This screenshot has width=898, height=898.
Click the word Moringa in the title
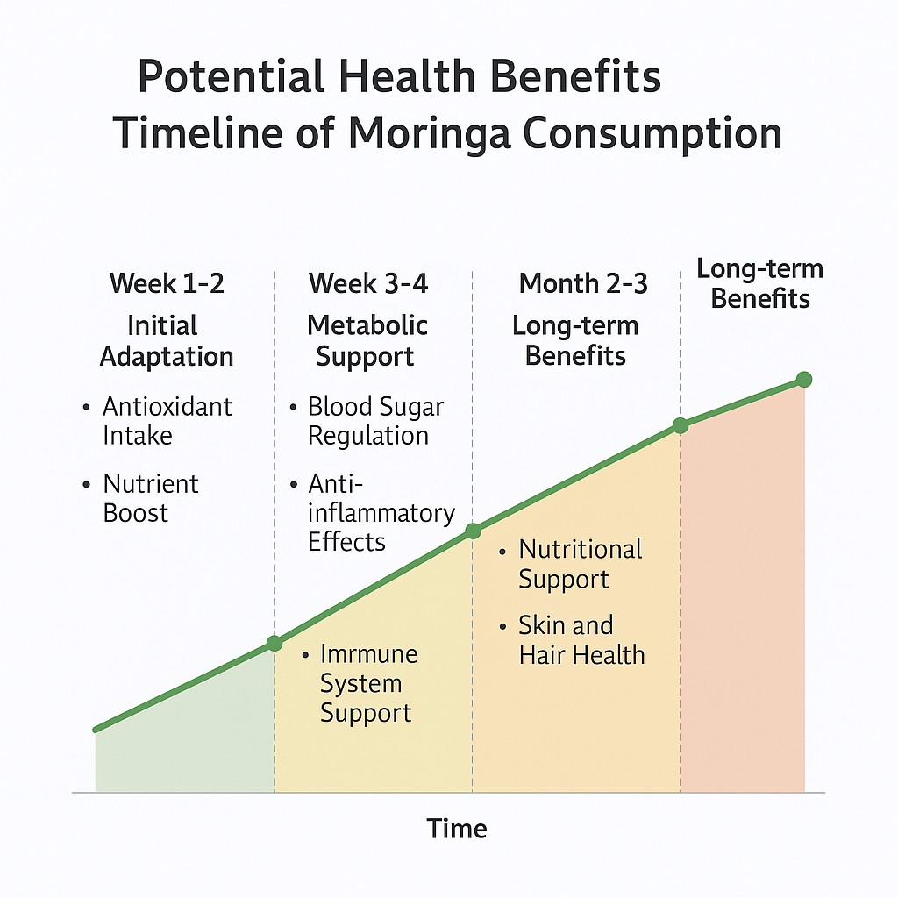pyautogui.click(x=429, y=134)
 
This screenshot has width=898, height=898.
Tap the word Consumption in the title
pyautogui.click(x=652, y=133)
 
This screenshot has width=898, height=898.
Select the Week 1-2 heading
pyautogui.click(x=167, y=283)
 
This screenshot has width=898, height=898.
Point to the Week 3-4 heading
pyautogui.click(x=368, y=283)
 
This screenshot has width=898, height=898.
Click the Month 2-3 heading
pyautogui.click(x=583, y=283)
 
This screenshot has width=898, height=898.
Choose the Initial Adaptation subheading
pyautogui.click(x=166, y=341)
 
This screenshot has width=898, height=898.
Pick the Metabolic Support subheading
pyautogui.click(x=367, y=341)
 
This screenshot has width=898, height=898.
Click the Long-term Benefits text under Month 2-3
pyautogui.click(x=575, y=341)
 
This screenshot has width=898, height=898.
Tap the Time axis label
pyautogui.click(x=456, y=829)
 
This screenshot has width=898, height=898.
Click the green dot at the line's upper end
pyautogui.click(x=804, y=379)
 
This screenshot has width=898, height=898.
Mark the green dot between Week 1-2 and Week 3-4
pyautogui.click(x=274, y=643)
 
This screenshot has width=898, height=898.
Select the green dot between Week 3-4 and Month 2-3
pyautogui.click(x=473, y=531)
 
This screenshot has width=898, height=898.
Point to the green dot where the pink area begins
pyautogui.click(x=680, y=425)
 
